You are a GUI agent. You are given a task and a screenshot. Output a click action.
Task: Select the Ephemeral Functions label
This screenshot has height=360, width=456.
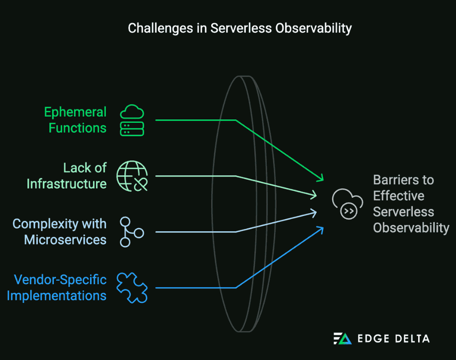click(75, 120)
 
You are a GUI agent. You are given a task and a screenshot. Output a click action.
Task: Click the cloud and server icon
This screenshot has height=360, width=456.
click(132, 120)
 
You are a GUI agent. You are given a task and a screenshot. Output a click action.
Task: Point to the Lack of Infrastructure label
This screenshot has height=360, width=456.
click(67, 176)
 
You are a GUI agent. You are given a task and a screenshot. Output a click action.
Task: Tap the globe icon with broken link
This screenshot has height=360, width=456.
click(132, 176)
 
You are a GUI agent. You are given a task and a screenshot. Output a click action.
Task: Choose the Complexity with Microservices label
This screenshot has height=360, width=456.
click(60, 232)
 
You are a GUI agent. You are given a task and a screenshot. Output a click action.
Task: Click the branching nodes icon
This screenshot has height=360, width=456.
click(131, 232)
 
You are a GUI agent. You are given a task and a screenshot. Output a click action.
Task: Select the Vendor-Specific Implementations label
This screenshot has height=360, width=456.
click(57, 288)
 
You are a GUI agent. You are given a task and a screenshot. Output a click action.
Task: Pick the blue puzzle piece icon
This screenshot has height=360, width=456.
click(132, 288)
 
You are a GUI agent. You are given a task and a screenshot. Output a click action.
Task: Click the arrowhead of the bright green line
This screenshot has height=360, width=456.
click(320, 179)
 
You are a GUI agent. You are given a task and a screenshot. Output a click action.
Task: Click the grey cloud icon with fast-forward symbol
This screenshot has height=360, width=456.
click(347, 204)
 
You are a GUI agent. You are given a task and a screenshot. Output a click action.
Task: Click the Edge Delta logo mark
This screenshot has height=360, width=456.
click(342, 338)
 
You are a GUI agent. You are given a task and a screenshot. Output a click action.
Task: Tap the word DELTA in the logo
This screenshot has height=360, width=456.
click(409, 339)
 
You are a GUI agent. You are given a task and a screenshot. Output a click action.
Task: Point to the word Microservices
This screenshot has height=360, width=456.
click(65, 240)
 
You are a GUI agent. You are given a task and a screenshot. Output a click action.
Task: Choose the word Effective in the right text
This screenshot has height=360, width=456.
click(398, 196)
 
